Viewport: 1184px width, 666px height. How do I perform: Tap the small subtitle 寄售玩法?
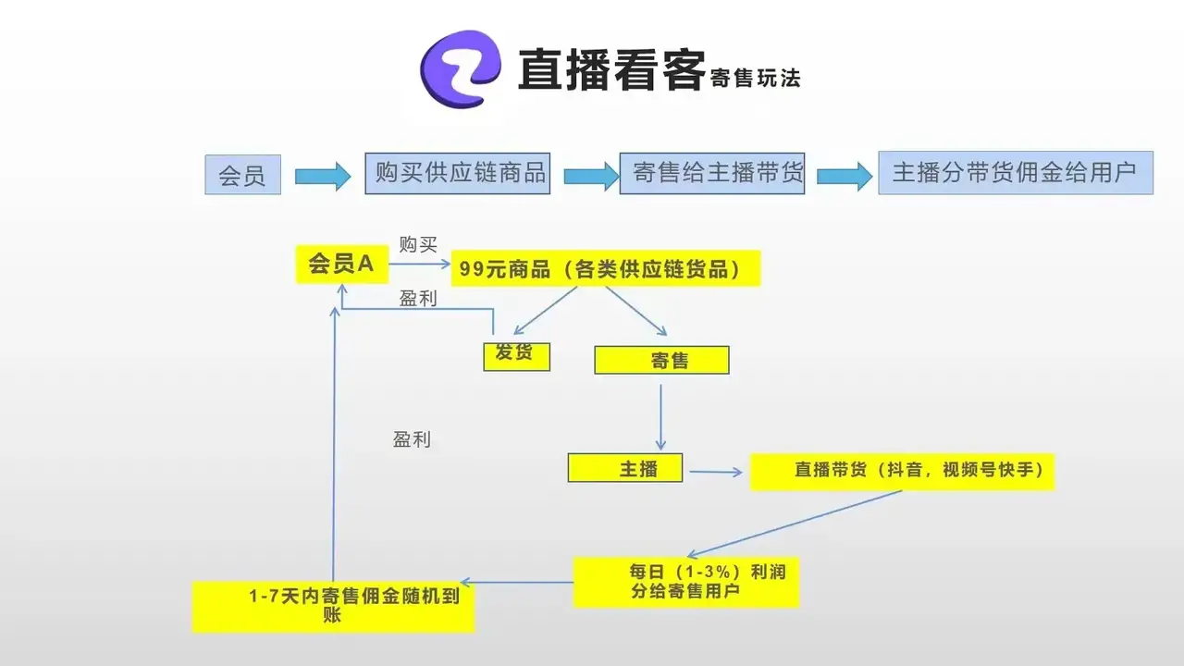tap(755, 78)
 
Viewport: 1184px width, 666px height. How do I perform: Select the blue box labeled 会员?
tap(242, 175)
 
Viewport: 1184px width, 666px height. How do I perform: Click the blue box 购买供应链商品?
tap(458, 173)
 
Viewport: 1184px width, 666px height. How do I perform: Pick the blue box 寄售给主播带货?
tap(712, 173)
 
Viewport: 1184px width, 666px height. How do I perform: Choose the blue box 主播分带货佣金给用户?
tap(1015, 173)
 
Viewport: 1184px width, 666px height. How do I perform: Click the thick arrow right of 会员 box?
tap(323, 175)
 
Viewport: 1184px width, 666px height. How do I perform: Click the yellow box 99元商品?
tap(605, 269)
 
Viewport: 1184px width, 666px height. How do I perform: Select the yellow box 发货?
tap(516, 356)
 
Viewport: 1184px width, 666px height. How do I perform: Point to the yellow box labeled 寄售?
tap(661, 360)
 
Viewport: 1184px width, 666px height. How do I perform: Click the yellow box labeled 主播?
tap(625, 468)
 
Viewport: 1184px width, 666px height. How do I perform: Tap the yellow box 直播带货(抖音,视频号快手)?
tap(902, 471)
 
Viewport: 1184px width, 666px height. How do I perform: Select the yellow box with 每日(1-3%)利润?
tap(685, 582)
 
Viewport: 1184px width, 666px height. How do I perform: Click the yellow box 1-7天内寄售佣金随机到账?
tap(333, 606)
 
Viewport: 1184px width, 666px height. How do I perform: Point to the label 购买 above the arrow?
tap(418, 244)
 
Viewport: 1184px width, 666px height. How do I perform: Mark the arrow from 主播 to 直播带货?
tap(716, 473)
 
